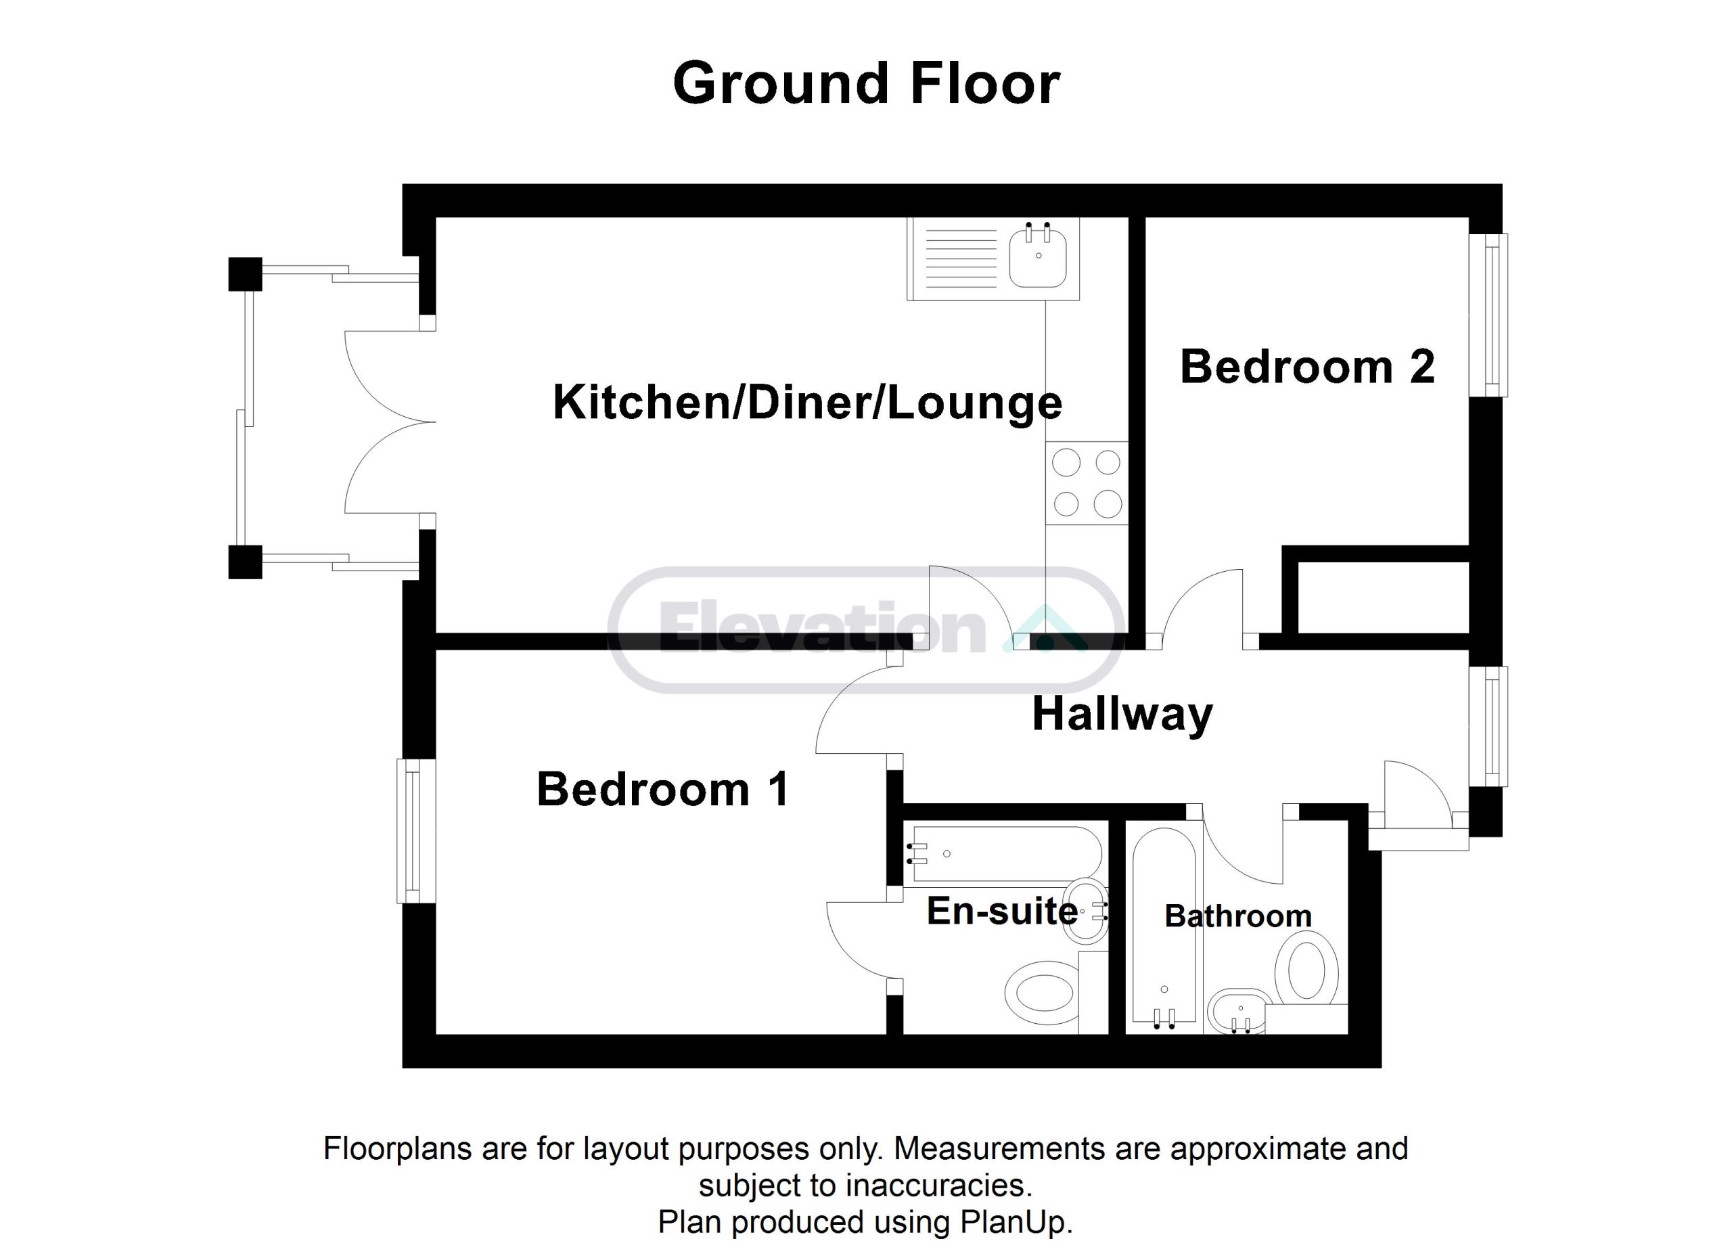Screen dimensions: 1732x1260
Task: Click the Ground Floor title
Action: (866, 83)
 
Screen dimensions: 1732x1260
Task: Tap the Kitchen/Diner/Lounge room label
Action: (807, 403)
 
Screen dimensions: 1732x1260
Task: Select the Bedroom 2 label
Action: (1307, 367)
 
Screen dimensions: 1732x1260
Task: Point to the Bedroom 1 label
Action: (663, 789)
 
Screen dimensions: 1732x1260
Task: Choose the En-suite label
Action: (1002, 911)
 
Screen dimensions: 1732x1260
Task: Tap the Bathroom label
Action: (1238, 916)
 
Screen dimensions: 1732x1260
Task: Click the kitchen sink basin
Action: (1038, 256)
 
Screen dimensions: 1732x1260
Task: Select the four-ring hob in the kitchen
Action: (1087, 483)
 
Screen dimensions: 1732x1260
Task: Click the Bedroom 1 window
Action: (415, 831)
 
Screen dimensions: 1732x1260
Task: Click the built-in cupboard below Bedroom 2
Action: (1383, 598)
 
